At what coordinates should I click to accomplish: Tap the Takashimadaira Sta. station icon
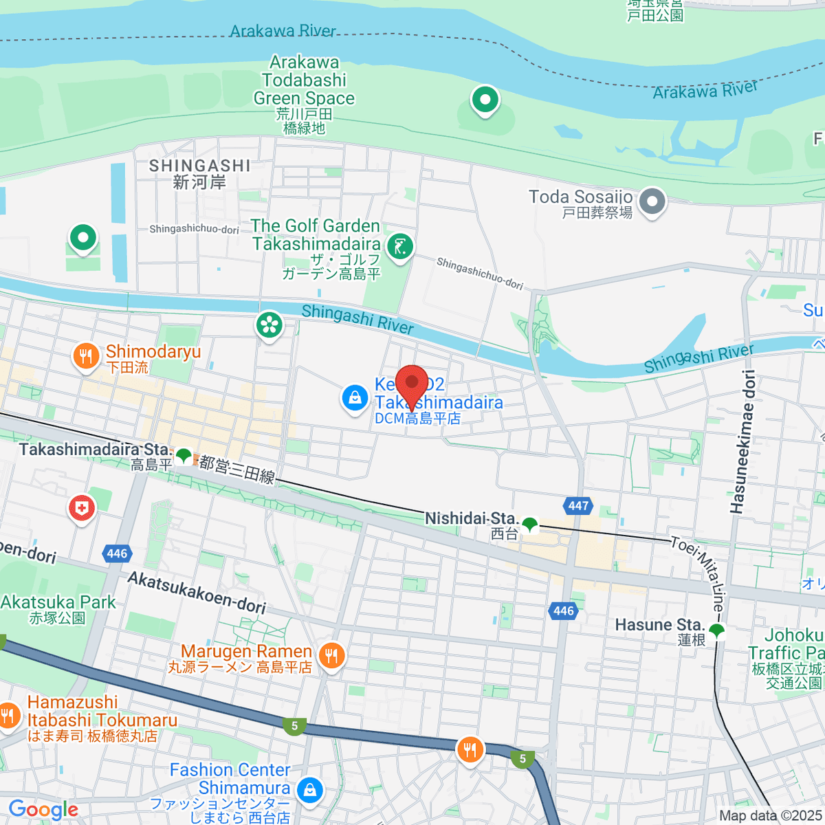pos(184,455)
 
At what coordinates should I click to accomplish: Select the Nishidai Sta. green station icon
pos(529,525)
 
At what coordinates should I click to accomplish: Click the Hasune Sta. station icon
pos(717,629)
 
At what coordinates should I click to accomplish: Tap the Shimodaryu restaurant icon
pos(85,356)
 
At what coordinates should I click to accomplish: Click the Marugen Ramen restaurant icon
pos(331,655)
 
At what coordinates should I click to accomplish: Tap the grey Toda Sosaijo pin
pos(652,202)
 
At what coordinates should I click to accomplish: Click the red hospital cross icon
pos(81,509)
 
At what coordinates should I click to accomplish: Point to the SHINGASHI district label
pos(199,166)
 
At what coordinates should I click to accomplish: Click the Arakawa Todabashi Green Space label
pos(304,80)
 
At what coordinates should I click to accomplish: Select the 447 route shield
pos(578,506)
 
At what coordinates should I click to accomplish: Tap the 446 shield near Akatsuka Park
pos(117,553)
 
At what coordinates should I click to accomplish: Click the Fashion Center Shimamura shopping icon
pos(309,790)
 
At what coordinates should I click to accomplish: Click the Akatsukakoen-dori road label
pos(197,592)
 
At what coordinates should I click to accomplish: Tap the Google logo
pos(43,809)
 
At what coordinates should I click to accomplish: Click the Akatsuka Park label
pos(58,603)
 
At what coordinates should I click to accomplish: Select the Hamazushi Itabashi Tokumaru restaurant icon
pos(8,716)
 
